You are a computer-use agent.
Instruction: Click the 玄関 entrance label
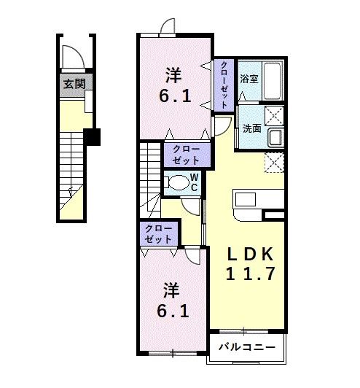74,84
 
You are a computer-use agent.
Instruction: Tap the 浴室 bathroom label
249,79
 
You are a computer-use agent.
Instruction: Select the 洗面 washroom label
252,128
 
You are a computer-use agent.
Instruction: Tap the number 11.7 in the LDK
250,274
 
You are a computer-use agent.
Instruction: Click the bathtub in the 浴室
273,81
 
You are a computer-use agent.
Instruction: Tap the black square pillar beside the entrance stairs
92,136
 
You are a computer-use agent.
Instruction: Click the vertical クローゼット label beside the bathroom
224,85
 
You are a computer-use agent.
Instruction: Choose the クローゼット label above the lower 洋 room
159,234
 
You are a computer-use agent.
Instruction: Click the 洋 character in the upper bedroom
173,75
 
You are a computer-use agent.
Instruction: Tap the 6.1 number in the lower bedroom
173,311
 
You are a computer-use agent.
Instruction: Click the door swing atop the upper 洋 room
168,26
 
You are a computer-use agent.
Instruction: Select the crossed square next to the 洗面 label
275,115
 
